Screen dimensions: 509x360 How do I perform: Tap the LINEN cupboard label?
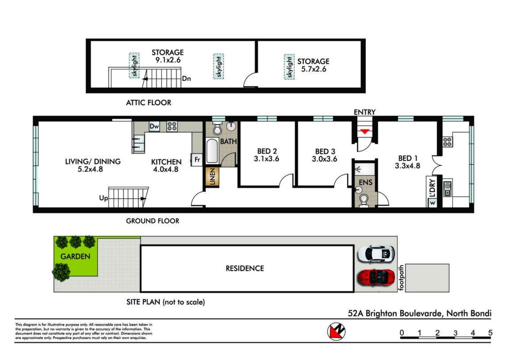(x=212, y=177)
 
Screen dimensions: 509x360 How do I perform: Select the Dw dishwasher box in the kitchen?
(x=154, y=126)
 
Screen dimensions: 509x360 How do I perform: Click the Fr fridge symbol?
(x=197, y=160)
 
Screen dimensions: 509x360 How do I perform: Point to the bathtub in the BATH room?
(x=212, y=151)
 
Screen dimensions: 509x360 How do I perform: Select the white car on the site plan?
(x=376, y=254)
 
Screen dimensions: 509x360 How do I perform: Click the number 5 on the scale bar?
(x=490, y=333)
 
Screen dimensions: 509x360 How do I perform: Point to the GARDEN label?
(x=75, y=256)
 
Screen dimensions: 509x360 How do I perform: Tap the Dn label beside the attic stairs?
(x=186, y=79)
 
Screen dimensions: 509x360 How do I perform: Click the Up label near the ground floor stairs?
(x=104, y=198)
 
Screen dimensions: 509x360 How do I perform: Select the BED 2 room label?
(x=267, y=151)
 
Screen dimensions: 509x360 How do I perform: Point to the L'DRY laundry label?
(x=432, y=188)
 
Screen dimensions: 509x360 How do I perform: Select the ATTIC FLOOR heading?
(x=149, y=103)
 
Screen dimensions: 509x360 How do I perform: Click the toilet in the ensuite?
(x=364, y=201)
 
